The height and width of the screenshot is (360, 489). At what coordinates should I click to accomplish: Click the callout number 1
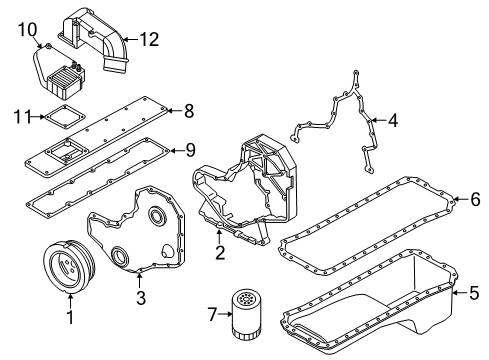coord(69,319)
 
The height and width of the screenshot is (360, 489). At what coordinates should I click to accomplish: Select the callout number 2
coord(218,252)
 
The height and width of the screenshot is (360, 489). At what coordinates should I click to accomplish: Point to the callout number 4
coord(393,122)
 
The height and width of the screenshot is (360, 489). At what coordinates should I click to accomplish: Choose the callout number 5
coord(474,293)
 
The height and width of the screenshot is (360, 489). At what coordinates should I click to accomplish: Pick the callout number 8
coord(189,111)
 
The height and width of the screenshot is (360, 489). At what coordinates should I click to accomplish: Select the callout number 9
coord(189,150)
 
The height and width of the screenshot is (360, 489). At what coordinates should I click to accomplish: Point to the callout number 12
coord(149,39)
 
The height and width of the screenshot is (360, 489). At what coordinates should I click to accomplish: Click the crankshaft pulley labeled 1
coord(70,269)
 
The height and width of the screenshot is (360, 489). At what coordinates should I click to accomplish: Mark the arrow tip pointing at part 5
coord(452,293)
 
